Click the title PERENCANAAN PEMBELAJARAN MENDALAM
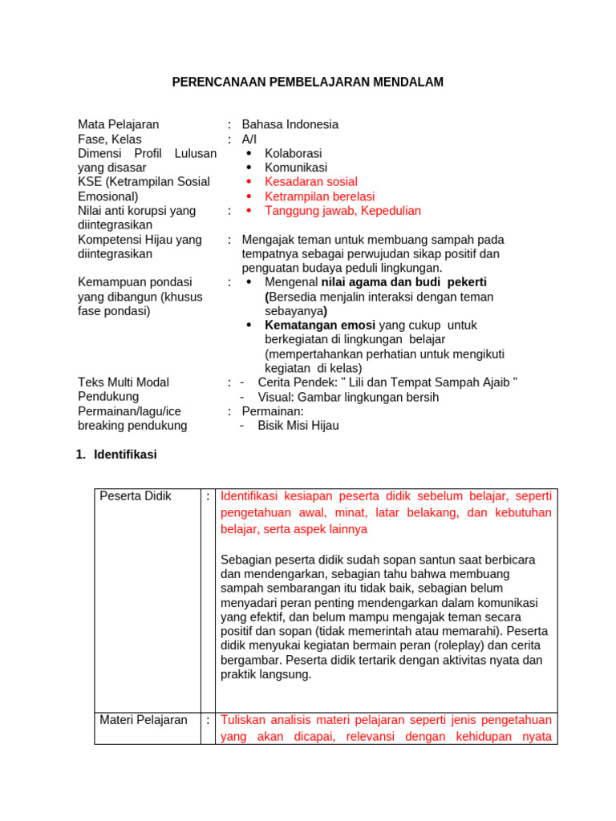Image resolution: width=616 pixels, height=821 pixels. click(308, 82)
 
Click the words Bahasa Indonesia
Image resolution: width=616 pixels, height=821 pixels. click(290, 124)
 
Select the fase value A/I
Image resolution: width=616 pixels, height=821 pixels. click(249, 139)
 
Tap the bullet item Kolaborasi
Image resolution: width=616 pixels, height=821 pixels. click(293, 153)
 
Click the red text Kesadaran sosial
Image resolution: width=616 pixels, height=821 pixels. click(310, 182)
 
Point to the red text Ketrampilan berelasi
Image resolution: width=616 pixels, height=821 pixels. click(319, 196)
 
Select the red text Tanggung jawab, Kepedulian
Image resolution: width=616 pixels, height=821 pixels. click(342, 211)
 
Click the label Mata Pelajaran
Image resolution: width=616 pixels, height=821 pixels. click(118, 124)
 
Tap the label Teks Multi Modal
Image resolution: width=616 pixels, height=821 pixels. click(124, 382)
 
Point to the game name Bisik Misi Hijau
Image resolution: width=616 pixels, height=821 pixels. click(298, 426)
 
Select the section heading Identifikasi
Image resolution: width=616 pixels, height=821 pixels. click(125, 455)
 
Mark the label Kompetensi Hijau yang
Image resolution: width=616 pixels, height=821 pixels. click(140, 240)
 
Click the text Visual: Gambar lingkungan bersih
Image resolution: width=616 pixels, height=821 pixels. click(348, 398)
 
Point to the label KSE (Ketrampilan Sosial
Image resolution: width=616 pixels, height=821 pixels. click(144, 182)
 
